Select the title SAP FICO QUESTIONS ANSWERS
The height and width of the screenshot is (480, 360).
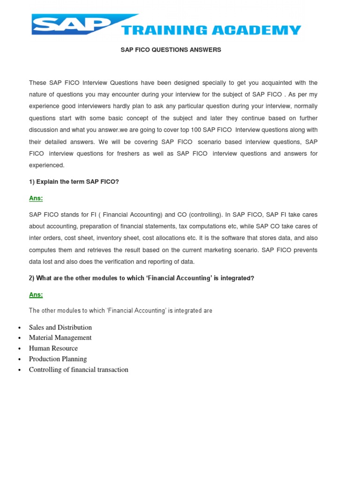[x=171, y=50]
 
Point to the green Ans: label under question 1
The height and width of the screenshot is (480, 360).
[x=36, y=198]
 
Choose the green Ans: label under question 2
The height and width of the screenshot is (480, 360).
[x=36, y=295]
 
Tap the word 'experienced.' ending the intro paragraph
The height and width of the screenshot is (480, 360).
[x=46, y=165]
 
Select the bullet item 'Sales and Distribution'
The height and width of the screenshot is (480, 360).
[x=60, y=327]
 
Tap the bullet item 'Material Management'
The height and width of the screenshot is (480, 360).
[x=60, y=337]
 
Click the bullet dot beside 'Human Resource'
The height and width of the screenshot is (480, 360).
[x=19, y=349]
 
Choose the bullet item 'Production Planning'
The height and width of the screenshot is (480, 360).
[x=58, y=359]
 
